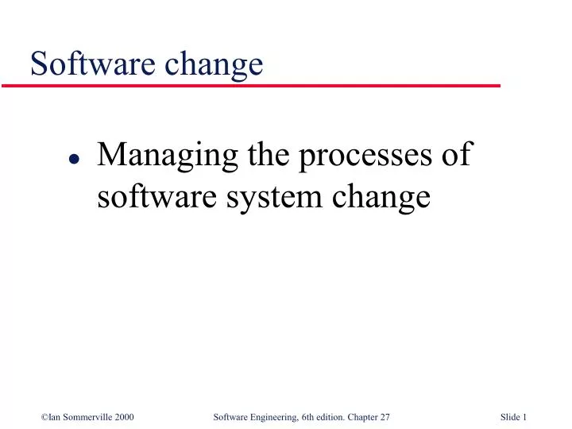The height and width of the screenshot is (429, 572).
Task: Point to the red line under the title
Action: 262,84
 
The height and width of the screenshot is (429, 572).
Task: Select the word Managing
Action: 164,156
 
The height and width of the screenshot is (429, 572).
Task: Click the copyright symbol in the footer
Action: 42,396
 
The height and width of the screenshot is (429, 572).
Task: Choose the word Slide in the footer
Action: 512,396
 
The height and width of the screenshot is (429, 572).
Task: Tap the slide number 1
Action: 527,396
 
